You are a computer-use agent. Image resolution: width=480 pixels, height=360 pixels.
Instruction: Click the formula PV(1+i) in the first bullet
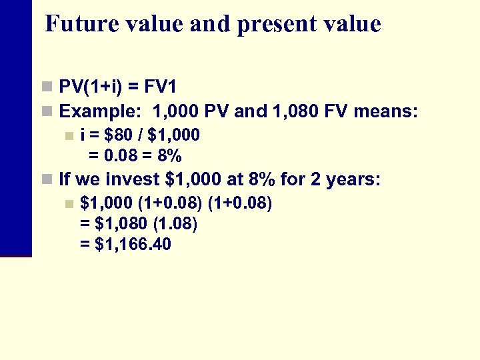pos(90,87)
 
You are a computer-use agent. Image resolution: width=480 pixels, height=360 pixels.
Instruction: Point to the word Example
pos(100,111)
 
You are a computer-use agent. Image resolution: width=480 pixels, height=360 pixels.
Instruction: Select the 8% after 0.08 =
pos(169,156)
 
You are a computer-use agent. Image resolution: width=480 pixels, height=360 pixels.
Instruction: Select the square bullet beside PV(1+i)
pos(46,87)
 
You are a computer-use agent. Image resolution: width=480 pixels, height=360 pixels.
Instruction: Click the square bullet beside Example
pos(46,111)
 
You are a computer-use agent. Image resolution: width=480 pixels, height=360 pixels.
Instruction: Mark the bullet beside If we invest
pos(46,179)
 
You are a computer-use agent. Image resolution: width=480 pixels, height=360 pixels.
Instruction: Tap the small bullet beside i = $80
pos(67,136)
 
